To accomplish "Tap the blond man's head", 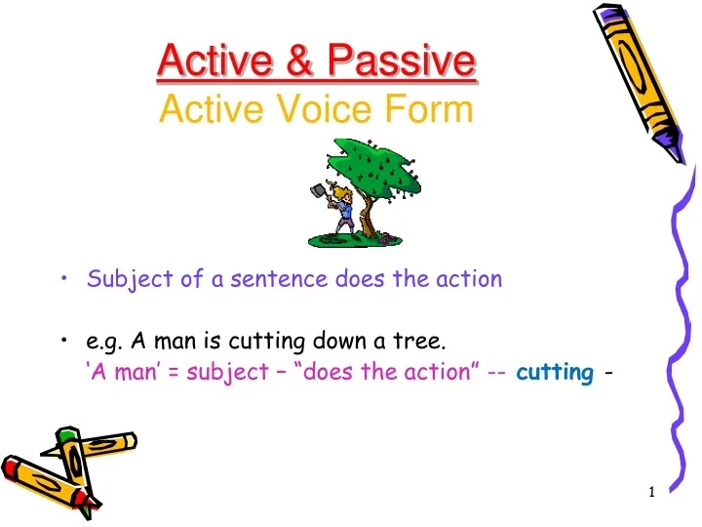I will pyautogui.click(x=341, y=190).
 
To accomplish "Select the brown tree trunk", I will pyautogui.click(x=367, y=209).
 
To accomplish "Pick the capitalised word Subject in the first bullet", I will pyautogui.click(x=123, y=280).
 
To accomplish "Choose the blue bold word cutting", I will pyautogui.click(x=554, y=372).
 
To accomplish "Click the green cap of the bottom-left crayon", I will pyautogui.click(x=66, y=434).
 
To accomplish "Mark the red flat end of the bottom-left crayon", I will pyautogui.click(x=12, y=468).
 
